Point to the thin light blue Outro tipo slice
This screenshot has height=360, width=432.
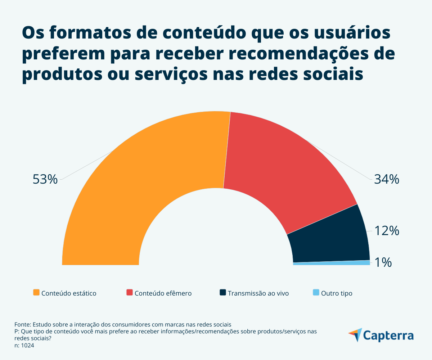(331, 263)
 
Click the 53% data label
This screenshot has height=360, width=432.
(45, 179)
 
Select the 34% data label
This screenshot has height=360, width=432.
(386, 179)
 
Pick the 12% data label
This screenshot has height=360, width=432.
(386, 231)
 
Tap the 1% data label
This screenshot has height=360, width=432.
(383, 263)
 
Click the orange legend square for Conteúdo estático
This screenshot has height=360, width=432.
(36, 292)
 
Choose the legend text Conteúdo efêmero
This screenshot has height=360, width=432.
(163, 293)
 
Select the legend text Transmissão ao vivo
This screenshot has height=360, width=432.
(258, 293)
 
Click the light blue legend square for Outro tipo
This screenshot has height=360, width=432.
(316, 292)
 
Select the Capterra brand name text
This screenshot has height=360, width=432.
(388, 336)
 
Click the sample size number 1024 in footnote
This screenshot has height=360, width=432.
(28, 345)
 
